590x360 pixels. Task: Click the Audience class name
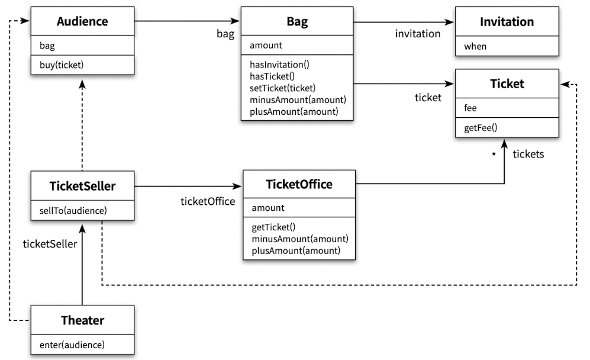82,21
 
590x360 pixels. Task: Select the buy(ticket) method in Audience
62,65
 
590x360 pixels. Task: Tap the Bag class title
297,21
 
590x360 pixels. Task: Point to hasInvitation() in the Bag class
279,65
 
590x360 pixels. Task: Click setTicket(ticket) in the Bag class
283,88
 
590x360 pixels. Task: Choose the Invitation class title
507,22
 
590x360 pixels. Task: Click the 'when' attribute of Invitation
475,46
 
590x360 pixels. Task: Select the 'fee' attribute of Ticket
470,108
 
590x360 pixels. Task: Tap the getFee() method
481,128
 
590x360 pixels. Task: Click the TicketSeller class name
82,186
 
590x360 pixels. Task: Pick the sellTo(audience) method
73,211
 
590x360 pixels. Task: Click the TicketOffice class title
299,184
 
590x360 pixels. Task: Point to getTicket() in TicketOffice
273,227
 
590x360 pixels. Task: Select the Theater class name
82,320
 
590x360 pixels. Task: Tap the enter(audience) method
72,345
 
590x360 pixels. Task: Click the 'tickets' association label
528,154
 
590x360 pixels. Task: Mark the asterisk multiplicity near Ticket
494,154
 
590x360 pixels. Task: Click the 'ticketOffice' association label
208,201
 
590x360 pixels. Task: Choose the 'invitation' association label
418,34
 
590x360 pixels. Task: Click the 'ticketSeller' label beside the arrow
50,244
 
